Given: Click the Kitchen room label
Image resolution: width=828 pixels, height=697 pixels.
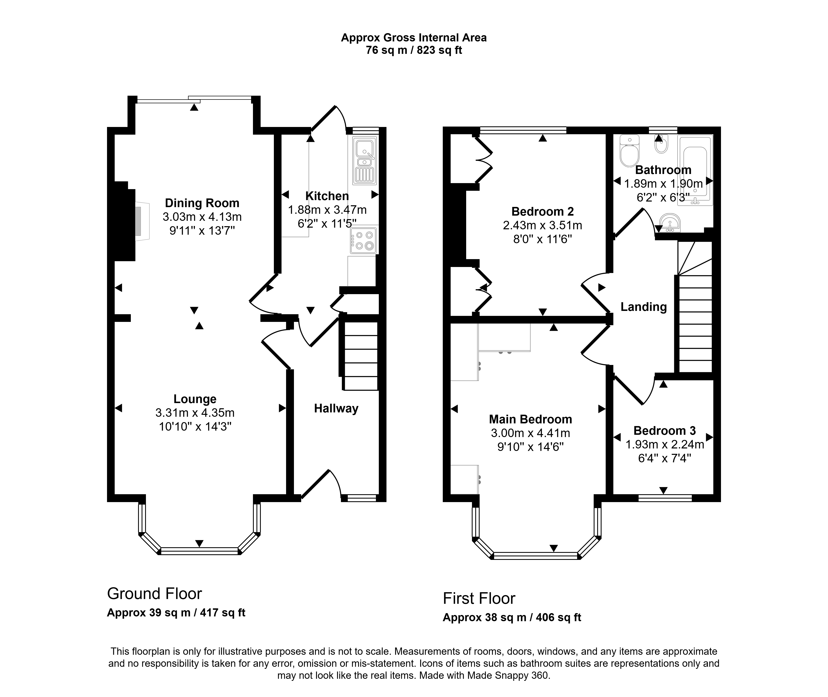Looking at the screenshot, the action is click(x=327, y=196).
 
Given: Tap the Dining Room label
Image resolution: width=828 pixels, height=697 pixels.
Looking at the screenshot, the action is click(x=202, y=203).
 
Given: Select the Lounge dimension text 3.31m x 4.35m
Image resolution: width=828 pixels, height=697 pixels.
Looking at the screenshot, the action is click(x=195, y=413).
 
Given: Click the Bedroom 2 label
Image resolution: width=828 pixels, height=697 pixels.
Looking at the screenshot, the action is click(x=543, y=212).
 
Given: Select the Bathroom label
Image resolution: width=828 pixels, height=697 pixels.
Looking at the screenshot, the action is click(x=663, y=170).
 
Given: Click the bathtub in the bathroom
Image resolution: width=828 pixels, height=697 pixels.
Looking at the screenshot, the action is click(x=695, y=170).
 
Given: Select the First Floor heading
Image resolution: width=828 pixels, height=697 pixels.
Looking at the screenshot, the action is click(x=479, y=599).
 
